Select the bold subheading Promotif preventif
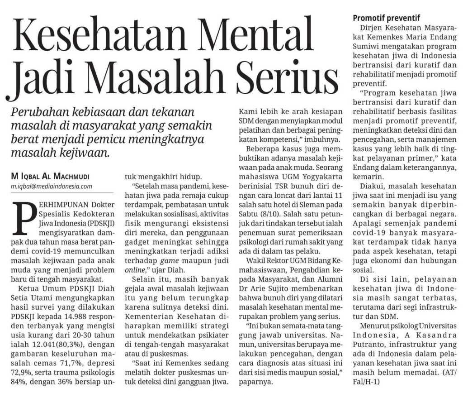click(387, 19)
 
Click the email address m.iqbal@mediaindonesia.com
click(49, 186)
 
